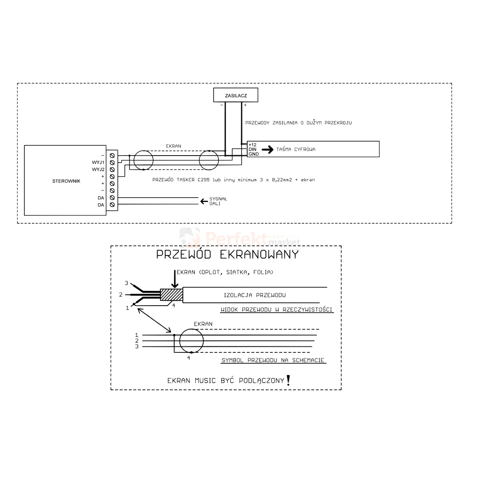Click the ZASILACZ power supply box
click(235, 96)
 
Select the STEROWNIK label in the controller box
click(66, 181)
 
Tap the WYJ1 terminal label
click(98, 162)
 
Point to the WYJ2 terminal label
click(98, 170)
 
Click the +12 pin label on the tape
click(252, 144)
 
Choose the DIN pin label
click(252, 149)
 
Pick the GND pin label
click(253, 154)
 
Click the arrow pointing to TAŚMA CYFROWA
click(267, 149)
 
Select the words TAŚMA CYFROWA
click(296, 150)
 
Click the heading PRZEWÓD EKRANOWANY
click(227, 255)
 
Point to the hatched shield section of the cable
click(171, 295)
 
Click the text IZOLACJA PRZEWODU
click(255, 296)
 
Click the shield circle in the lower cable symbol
click(191, 341)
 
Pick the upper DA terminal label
click(100, 198)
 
